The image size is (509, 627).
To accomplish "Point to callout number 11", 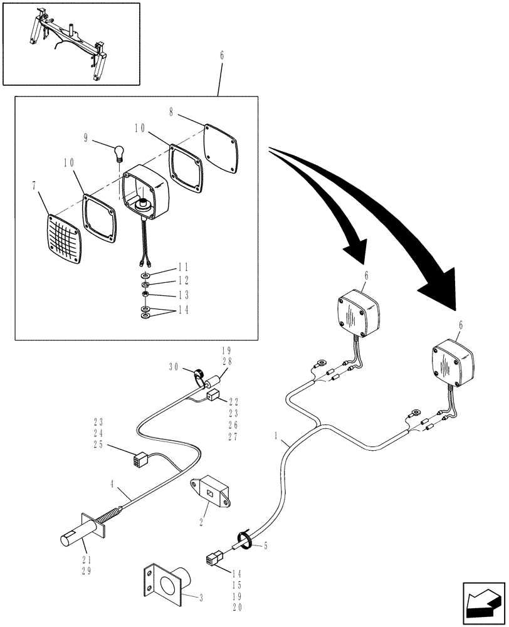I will coord(165,266).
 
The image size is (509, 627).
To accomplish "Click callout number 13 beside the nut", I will coord(165,295).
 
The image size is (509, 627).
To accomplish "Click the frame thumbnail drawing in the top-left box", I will coord(71,43).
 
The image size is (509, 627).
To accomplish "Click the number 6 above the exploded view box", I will coord(221,56).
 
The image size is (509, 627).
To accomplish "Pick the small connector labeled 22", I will coord(213,396).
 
